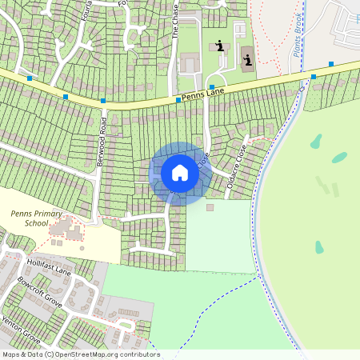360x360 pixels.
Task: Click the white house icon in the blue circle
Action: [x=180, y=173]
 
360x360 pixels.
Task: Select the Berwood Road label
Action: [x=102, y=141]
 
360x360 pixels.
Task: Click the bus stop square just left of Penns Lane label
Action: [x=178, y=100]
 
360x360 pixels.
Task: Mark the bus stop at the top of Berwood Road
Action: [x=103, y=101]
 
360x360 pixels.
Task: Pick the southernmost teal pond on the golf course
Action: [x=319, y=247]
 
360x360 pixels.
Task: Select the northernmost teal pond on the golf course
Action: [x=316, y=142]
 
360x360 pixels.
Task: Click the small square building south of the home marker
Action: [x=210, y=207]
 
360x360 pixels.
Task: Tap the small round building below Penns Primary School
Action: [x=82, y=248]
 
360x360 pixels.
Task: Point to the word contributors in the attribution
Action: [x=139, y=354]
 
